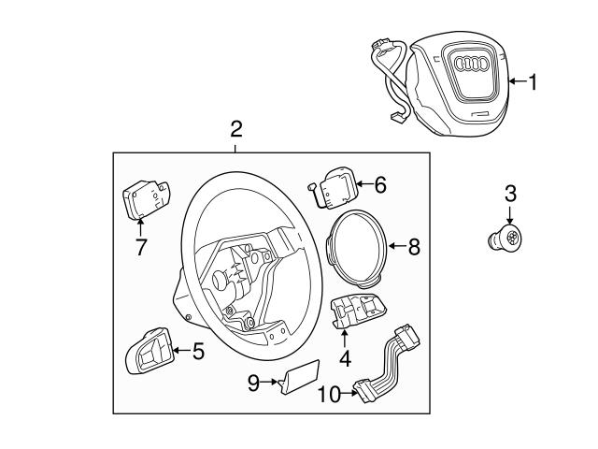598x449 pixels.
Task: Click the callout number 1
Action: [x=533, y=83]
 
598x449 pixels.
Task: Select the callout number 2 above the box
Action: [x=235, y=129]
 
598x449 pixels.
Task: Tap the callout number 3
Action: [x=509, y=194]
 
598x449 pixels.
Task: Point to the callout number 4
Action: [x=344, y=356]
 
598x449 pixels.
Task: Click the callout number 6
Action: [x=379, y=184]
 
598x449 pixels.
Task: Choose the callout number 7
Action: [x=141, y=248]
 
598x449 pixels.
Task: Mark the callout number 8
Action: [x=414, y=247]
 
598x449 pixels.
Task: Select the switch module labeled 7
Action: [x=144, y=199]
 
